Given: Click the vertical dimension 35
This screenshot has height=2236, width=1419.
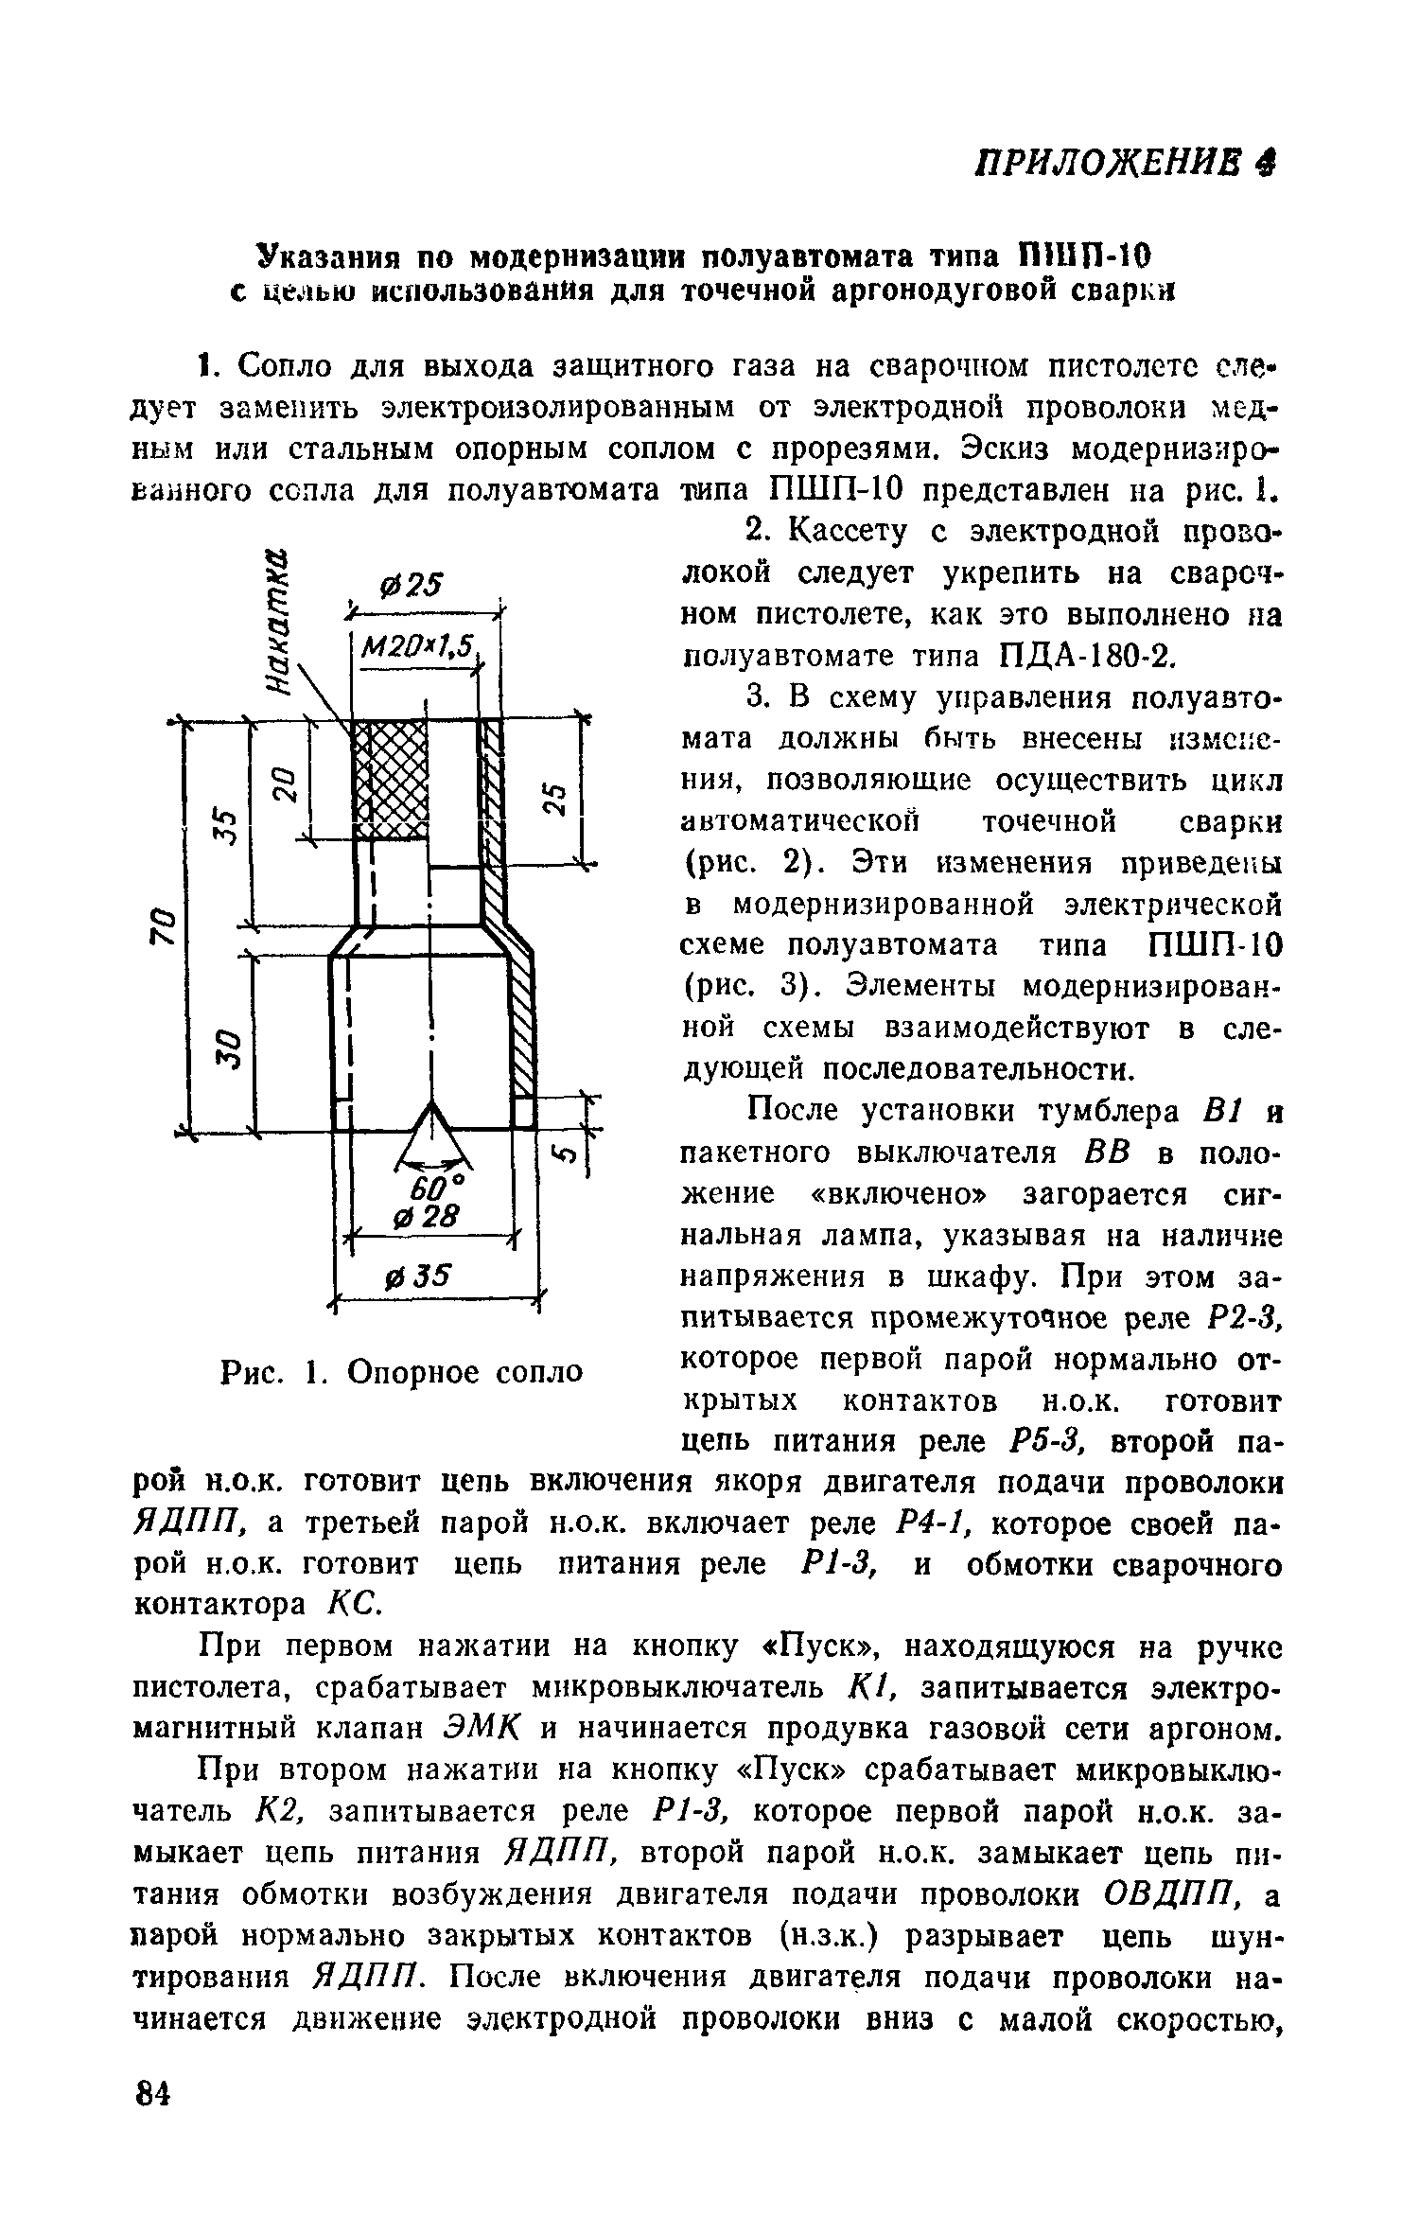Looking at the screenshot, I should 226,821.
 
